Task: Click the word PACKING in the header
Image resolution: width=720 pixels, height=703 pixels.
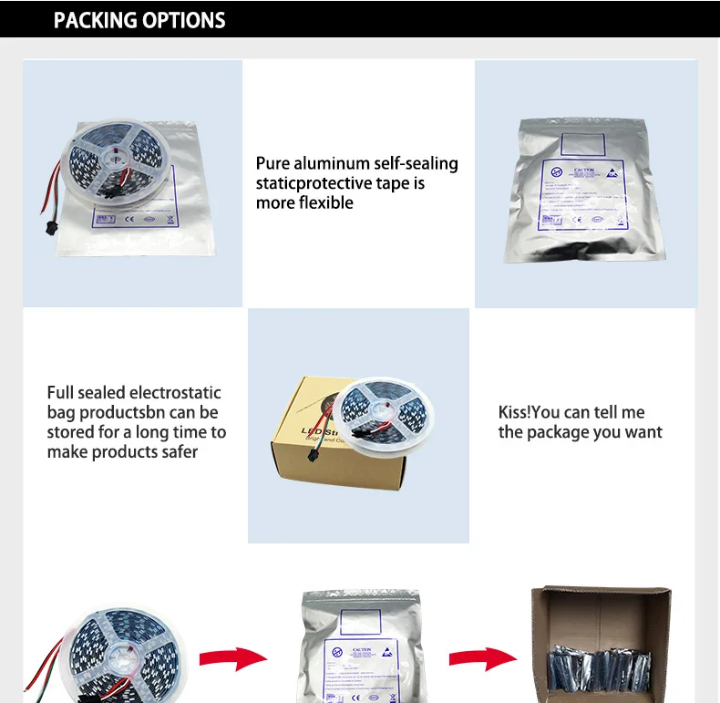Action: (94, 19)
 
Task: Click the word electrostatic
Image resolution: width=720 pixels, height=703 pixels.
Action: (175, 393)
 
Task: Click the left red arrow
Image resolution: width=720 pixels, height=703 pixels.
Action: (231, 657)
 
